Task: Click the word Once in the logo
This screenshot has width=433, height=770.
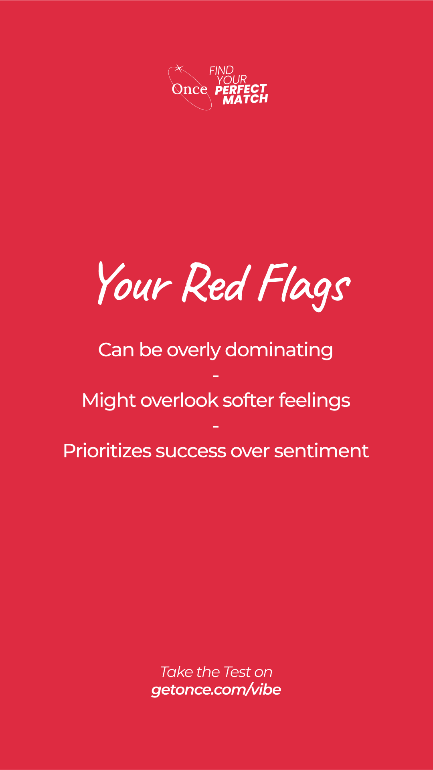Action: click(190, 89)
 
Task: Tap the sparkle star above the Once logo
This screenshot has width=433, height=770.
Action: click(179, 68)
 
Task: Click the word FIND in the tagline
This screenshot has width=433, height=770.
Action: click(221, 71)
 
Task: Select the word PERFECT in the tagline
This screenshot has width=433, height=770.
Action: click(241, 89)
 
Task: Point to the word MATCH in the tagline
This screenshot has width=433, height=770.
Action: click(245, 99)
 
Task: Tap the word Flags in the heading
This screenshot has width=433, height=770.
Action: click(304, 286)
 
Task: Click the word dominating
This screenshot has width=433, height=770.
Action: click(279, 350)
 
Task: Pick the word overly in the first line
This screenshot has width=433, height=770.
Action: click(194, 351)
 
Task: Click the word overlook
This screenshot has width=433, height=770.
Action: click(180, 400)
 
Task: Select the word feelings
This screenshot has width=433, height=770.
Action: click(314, 401)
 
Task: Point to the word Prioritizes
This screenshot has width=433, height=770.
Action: click(107, 451)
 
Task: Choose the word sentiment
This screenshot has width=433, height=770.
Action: click(321, 451)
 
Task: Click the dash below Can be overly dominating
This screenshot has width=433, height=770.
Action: click(216, 376)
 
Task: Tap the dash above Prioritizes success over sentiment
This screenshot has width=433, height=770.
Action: click(216, 426)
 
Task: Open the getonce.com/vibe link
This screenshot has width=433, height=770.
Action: click(216, 690)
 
